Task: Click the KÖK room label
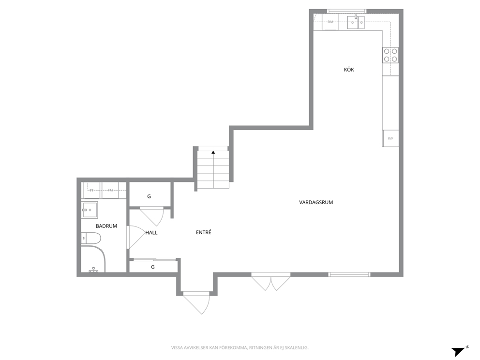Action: (349, 70)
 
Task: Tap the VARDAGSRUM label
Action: (316, 202)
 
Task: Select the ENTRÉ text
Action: (204, 232)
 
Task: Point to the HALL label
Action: (151, 233)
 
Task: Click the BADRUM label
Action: (106, 226)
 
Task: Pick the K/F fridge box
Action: (390, 138)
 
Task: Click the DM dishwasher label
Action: (330, 22)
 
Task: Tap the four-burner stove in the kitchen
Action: (390, 55)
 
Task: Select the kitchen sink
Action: (356, 22)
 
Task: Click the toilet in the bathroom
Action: (91, 238)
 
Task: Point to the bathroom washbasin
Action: (90, 210)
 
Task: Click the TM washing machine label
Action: (110, 190)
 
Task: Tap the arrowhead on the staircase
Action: (213, 152)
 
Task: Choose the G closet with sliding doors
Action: (153, 267)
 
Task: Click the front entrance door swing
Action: (196, 302)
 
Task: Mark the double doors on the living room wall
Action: (271, 282)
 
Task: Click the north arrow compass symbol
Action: (460, 351)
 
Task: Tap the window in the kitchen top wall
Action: (347, 11)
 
